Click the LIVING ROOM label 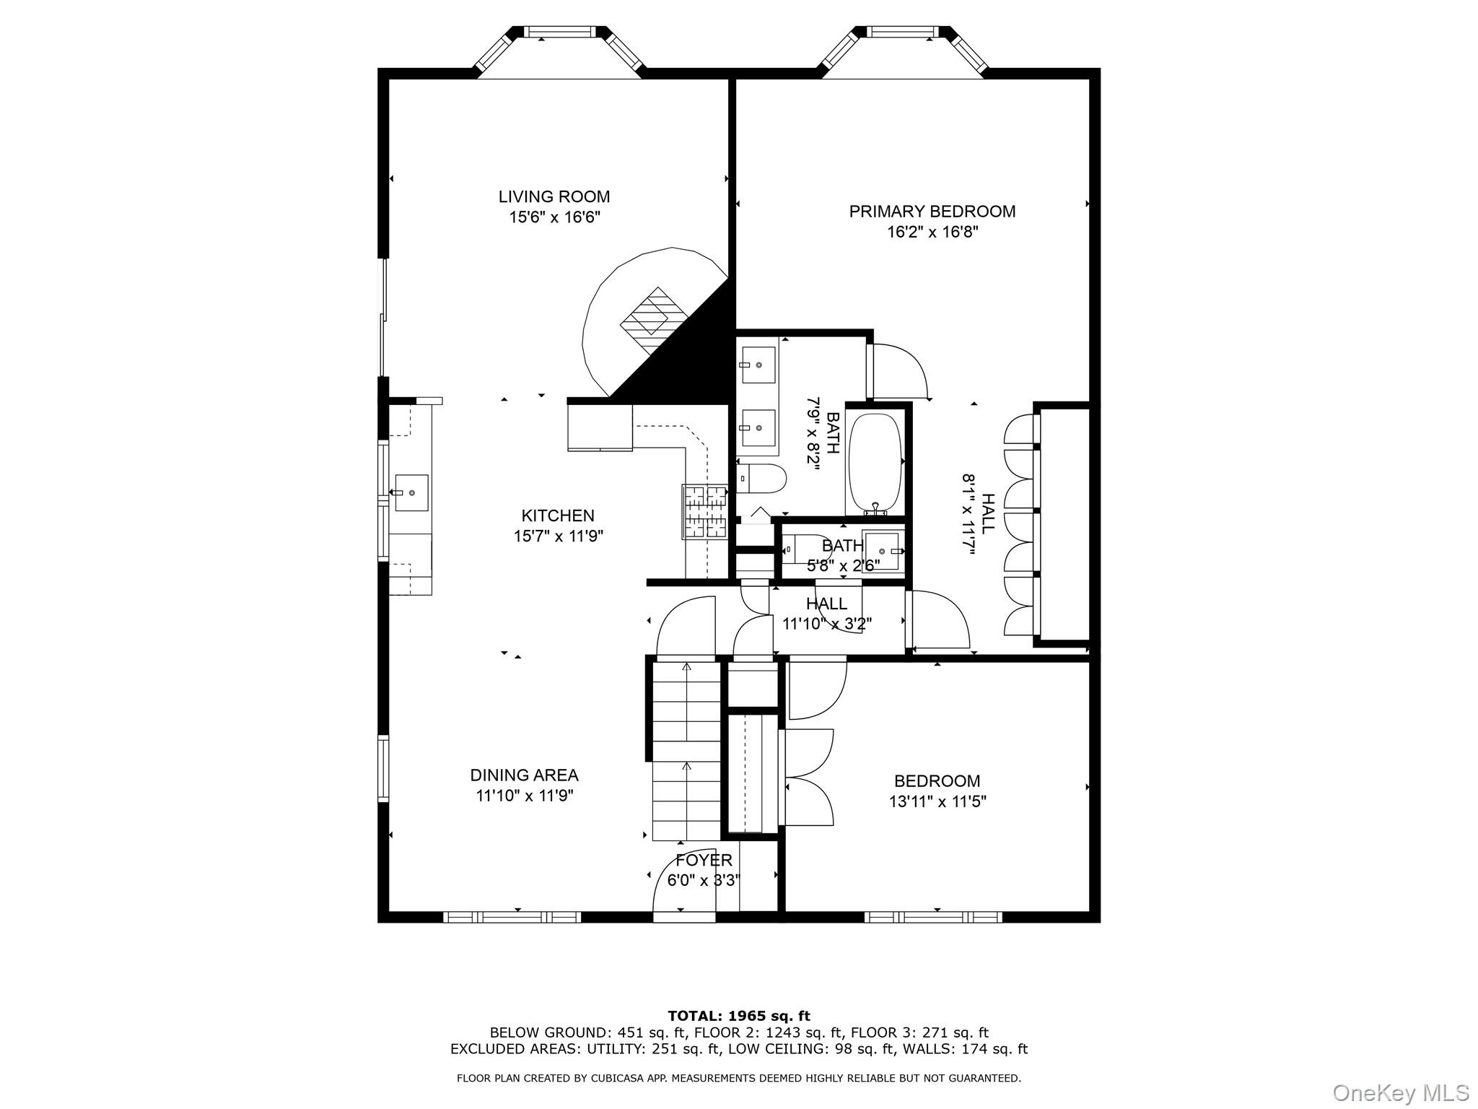point(554,196)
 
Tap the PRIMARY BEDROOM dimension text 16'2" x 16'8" point(932,232)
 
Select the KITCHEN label point(557,516)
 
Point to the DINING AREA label point(524,775)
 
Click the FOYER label point(704,860)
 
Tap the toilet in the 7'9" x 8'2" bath point(761,479)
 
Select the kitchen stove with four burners point(704,512)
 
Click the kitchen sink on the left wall point(411,492)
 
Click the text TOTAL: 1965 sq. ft point(738,1017)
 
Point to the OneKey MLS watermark point(1400,1092)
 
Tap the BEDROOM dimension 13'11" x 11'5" point(937,801)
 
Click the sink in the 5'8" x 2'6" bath point(884,550)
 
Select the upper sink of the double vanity point(758,365)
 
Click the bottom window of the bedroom point(932,917)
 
